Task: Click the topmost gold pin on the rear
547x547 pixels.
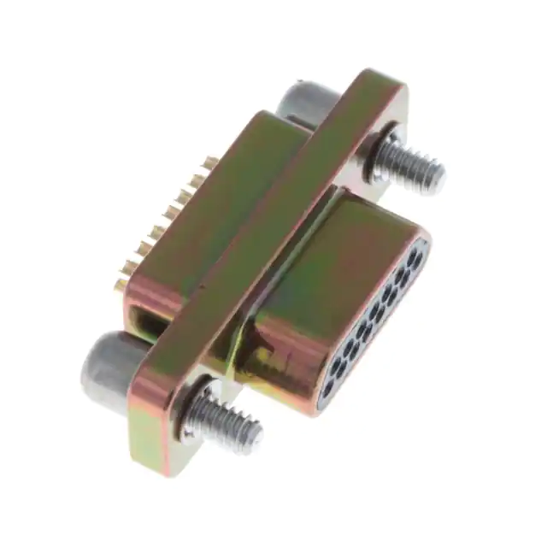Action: (209, 162)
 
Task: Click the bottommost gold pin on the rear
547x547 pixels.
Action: (122, 281)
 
